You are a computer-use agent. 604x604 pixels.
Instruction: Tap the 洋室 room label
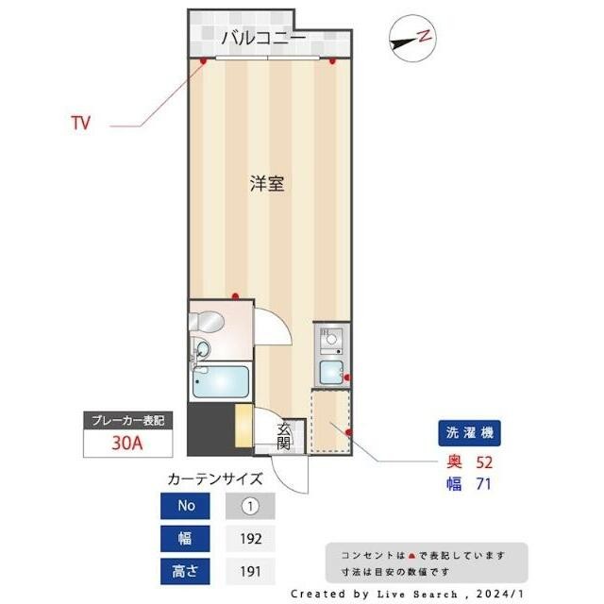pyautogui.click(x=267, y=183)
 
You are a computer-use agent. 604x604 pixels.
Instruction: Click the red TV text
pyautogui.click(x=81, y=123)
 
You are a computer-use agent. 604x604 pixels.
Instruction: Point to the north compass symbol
pyautogui.click(x=411, y=39)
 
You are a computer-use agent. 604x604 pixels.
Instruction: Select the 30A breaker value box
pyautogui.click(x=126, y=444)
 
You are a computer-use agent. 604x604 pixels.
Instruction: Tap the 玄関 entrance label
pyautogui.click(x=286, y=435)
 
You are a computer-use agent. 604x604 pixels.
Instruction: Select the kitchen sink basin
pyautogui.click(x=331, y=371)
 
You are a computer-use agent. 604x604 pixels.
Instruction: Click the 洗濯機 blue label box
pyautogui.click(x=469, y=433)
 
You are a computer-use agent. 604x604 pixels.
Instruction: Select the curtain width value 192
pyautogui.click(x=250, y=538)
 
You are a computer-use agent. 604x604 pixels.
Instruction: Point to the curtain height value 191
pyautogui.click(x=250, y=570)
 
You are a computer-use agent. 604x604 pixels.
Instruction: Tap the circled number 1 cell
pyautogui.click(x=250, y=506)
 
